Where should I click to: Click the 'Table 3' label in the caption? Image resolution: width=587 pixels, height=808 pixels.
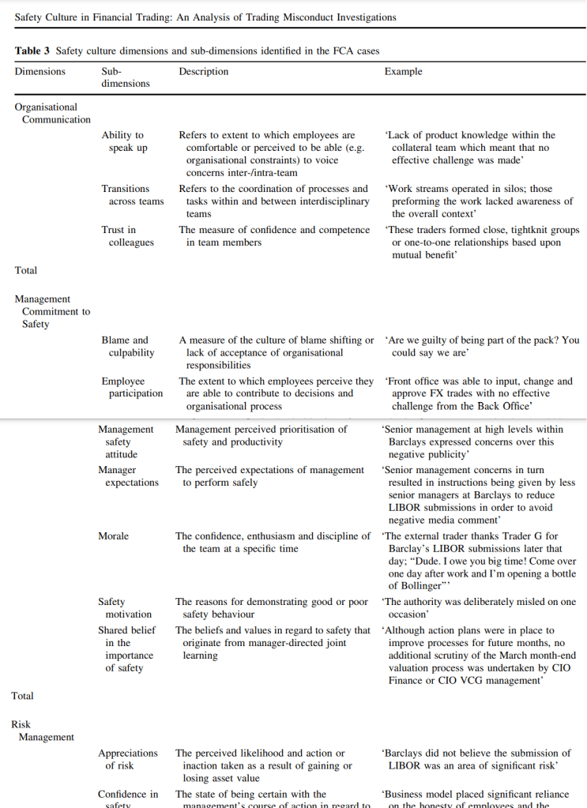point(32,51)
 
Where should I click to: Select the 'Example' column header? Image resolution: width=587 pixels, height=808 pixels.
point(403,72)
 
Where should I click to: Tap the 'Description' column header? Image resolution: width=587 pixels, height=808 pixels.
point(203,72)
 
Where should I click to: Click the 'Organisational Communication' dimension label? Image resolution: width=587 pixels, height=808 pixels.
point(52,113)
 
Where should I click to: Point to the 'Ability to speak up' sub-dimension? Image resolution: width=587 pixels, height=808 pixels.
point(125,141)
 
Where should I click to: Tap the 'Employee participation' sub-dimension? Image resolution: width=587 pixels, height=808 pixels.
point(131,387)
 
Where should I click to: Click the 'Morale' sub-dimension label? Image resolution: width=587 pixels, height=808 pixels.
point(113,536)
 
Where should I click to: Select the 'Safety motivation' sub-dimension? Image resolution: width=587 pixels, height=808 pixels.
point(124,608)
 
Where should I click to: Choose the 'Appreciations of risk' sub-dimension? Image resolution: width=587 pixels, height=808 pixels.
point(127,760)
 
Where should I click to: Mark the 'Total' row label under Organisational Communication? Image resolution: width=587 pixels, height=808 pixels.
point(26,271)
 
